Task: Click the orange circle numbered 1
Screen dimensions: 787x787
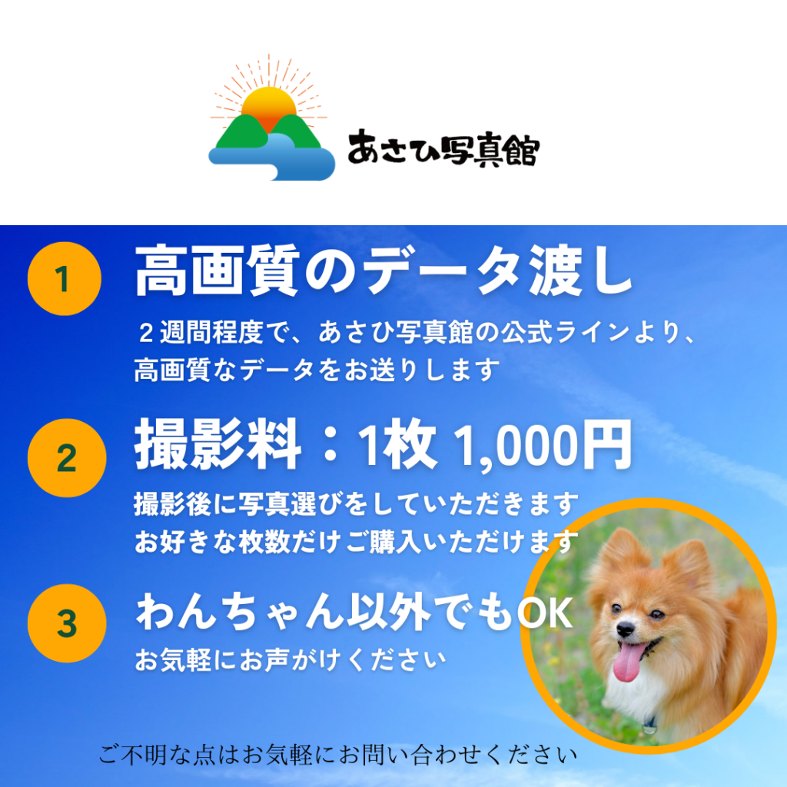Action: tap(65, 278)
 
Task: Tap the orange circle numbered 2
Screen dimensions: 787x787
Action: tap(67, 458)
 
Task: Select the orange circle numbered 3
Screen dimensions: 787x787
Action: tap(67, 623)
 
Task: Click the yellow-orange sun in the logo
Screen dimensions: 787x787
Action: tap(269, 105)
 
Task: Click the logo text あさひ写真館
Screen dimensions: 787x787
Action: tap(443, 148)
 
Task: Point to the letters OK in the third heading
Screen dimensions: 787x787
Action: tap(546, 613)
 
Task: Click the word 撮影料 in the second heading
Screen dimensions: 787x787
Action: tap(218, 445)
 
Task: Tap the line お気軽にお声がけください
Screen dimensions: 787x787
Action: tap(290, 660)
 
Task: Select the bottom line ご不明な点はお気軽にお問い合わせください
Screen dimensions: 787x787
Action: tap(338, 755)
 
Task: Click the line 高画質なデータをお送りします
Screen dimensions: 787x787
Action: tap(317, 370)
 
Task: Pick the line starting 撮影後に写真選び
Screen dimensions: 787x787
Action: tap(356, 504)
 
